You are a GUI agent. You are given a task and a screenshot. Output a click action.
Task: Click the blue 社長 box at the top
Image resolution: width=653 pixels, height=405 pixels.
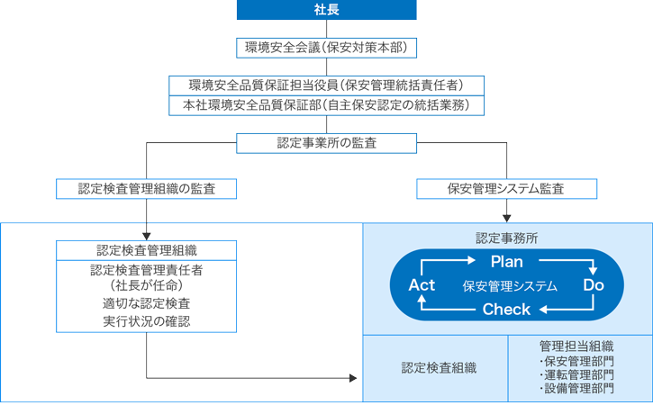326,9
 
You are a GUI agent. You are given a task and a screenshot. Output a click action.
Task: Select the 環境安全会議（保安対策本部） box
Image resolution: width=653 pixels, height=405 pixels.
326,47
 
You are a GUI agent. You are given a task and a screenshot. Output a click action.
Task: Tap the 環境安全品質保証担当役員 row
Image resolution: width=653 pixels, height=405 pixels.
326,85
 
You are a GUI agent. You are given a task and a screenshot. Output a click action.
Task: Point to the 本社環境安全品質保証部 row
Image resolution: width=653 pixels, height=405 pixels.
326,105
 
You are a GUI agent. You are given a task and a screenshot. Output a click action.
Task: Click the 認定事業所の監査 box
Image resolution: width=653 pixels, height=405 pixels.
326,143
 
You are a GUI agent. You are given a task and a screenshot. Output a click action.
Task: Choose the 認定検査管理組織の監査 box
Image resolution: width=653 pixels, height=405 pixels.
146,189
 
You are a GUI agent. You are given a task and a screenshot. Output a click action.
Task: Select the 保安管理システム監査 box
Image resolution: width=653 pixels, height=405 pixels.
507,189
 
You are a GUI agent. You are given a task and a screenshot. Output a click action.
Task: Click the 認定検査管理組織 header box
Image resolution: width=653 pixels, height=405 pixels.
146,250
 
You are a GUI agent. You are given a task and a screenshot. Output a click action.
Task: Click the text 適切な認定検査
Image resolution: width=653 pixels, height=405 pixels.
146,303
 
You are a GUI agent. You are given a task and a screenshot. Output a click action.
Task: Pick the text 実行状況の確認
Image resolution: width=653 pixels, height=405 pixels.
146,321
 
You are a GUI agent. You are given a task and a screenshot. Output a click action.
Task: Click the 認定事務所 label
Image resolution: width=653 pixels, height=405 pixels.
507,238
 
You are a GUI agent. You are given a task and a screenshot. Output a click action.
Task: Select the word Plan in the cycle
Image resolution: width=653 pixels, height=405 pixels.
507,262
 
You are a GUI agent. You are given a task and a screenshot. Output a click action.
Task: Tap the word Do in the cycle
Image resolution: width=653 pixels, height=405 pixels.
594,285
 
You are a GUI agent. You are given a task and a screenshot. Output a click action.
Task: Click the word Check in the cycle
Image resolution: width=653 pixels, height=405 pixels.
507,310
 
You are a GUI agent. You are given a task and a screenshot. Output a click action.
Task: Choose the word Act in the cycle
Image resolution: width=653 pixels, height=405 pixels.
422,285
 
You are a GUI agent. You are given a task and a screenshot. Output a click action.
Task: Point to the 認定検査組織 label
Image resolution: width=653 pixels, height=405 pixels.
439,367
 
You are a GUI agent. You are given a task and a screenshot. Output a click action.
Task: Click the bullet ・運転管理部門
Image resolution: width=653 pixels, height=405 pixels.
576,374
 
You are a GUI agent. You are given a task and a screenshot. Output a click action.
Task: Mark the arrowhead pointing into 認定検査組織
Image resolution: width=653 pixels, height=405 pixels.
356,377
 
